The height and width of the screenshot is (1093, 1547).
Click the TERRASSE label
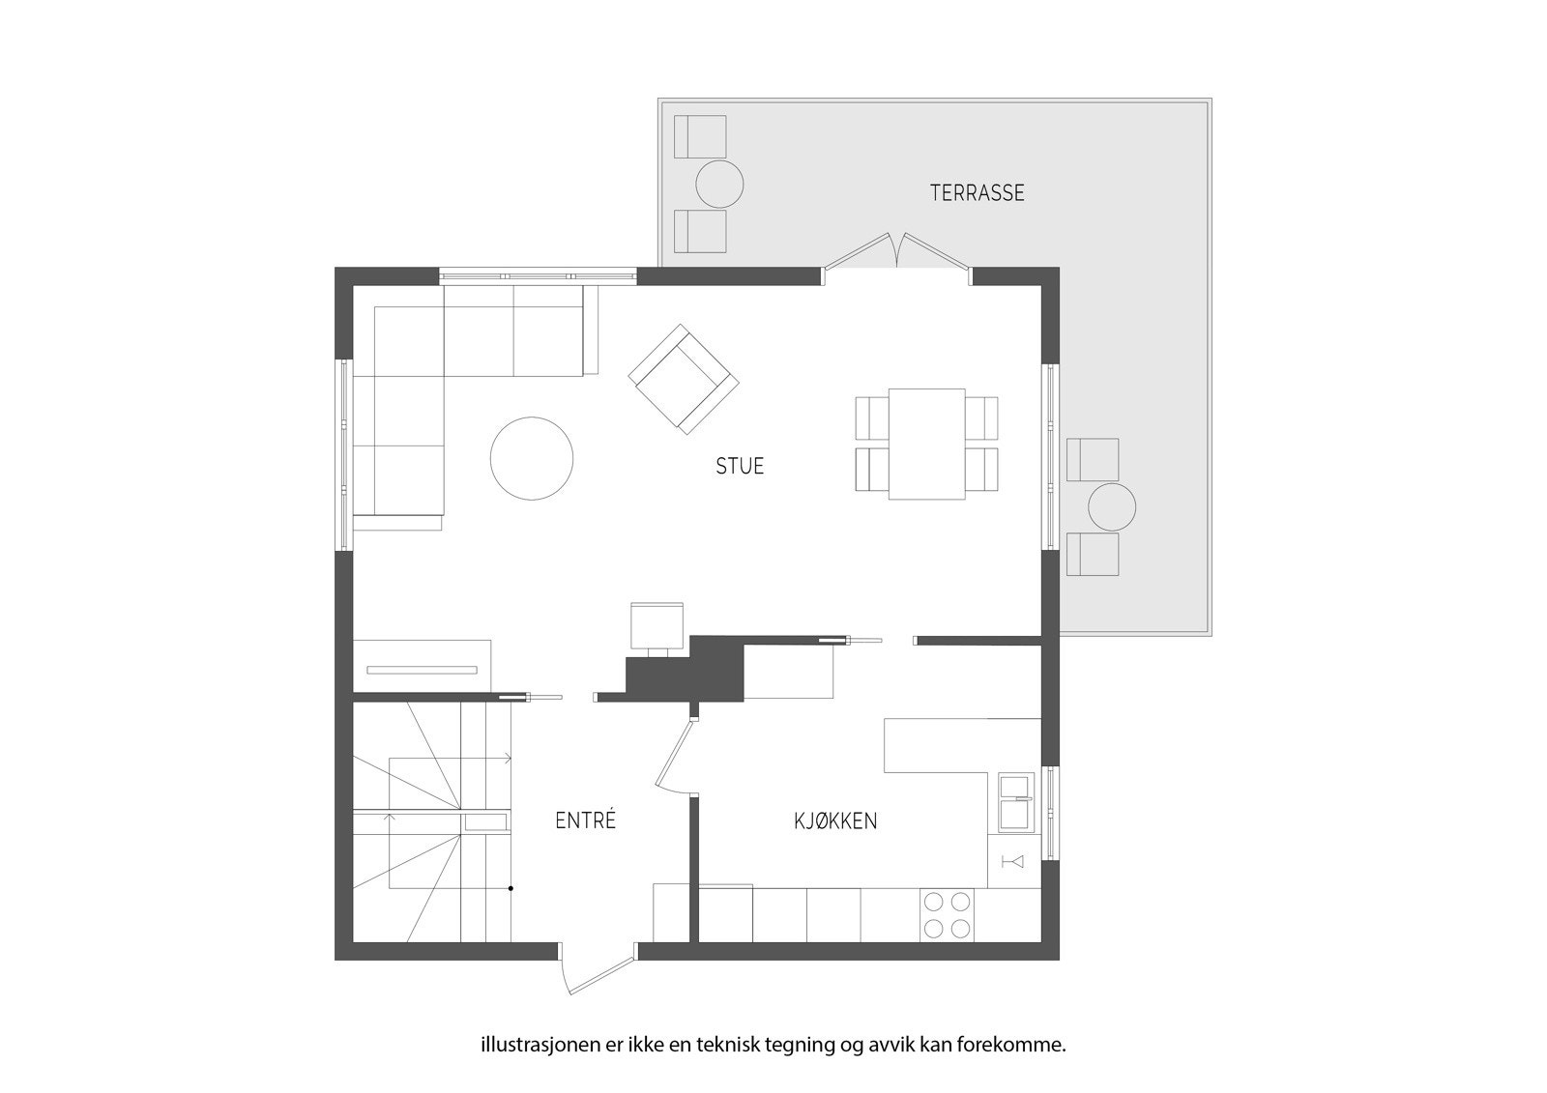(977, 192)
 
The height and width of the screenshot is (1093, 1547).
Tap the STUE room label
(740, 466)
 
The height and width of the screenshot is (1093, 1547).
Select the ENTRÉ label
(585, 820)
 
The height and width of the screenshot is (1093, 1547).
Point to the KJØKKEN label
(835, 821)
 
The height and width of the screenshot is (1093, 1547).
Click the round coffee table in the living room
(532, 458)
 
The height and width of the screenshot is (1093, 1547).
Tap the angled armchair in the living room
(684, 379)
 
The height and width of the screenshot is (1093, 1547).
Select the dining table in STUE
(926, 444)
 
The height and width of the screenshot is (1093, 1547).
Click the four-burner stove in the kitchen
(947, 914)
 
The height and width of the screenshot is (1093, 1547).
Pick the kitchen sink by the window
(1014, 802)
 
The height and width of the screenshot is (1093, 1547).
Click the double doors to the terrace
(896, 253)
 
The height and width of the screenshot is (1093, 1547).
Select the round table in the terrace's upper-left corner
(719, 184)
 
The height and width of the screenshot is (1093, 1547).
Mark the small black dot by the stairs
(511, 887)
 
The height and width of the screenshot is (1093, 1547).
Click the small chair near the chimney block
(657, 626)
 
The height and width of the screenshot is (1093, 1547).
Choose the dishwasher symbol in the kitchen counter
(1013, 861)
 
